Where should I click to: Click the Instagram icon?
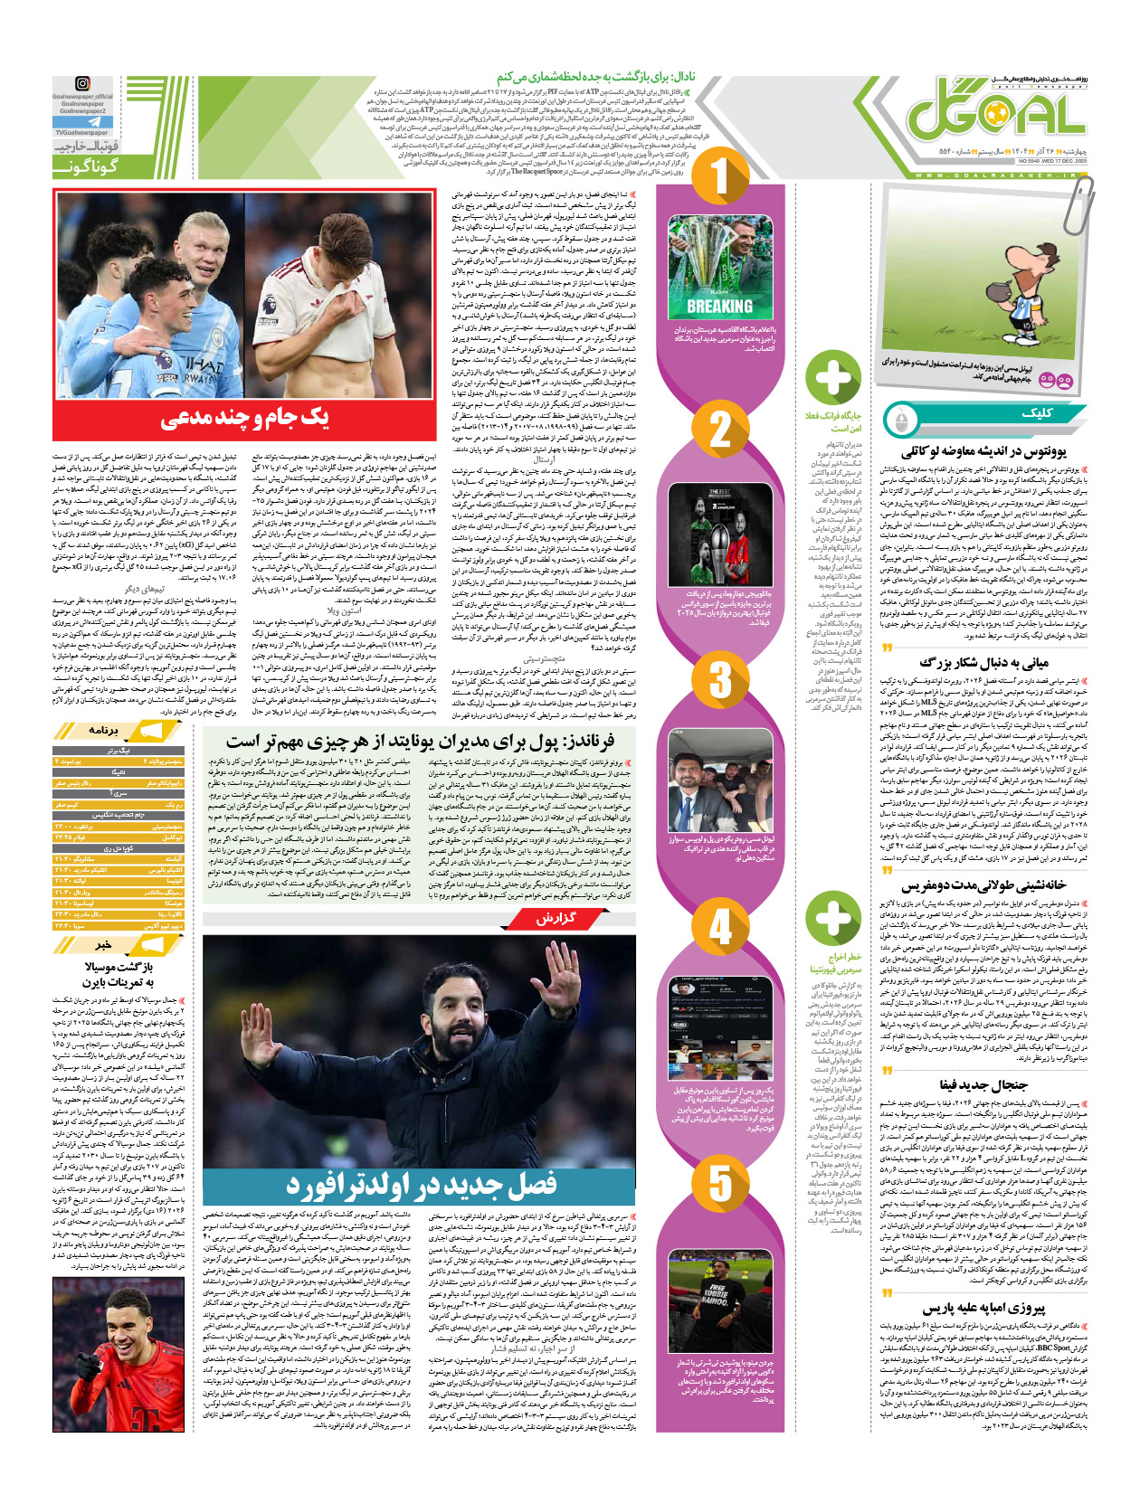[x=83, y=84]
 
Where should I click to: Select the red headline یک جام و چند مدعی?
[x=244, y=417]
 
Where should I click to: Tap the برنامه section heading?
[x=102, y=729]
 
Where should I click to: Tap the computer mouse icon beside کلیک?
[x=899, y=420]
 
